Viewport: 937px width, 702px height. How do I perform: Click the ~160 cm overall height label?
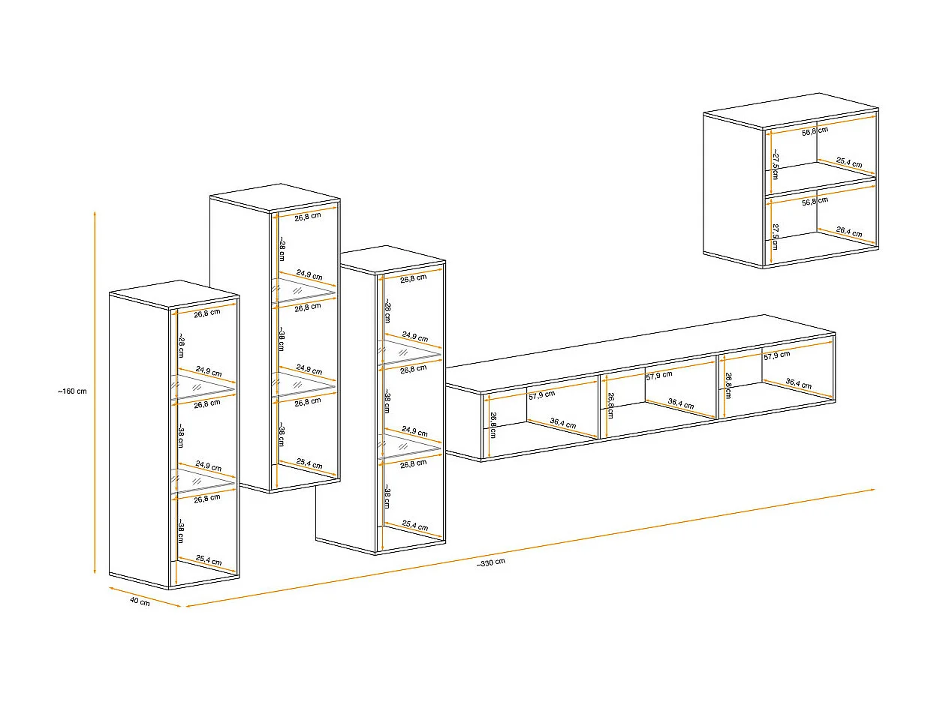[72, 391]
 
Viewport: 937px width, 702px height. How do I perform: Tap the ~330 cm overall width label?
[490, 562]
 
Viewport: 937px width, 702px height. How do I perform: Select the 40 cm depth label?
[140, 601]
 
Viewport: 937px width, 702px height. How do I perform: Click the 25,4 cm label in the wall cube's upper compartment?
[848, 163]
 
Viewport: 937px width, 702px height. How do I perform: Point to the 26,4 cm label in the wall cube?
[848, 232]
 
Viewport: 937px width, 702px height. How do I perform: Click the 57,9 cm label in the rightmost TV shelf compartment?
[776, 355]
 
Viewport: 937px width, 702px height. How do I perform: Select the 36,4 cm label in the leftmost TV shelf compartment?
[562, 424]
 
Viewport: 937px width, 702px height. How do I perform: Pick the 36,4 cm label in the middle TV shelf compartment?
[680, 405]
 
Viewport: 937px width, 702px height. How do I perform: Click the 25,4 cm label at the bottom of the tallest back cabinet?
[309, 464]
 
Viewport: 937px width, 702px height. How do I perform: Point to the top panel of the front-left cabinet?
[173, 294]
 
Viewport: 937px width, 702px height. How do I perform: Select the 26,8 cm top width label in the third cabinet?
[413, 278]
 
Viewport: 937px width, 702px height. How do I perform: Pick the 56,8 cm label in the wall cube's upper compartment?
[815, 130]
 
